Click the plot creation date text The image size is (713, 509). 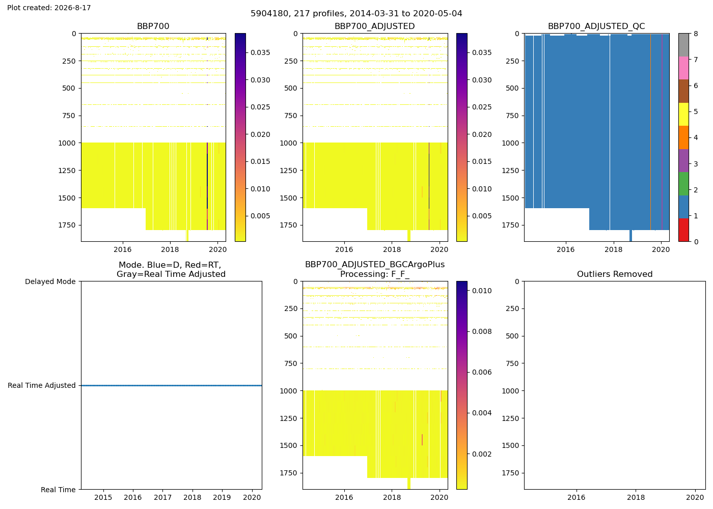[x=49, y=8]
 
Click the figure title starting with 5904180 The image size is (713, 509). [x=356, y=13]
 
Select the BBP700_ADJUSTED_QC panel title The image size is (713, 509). [x=596, y=26]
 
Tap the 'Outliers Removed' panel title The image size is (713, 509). [x=615, y=274]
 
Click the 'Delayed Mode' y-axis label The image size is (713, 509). [x=50, y=281]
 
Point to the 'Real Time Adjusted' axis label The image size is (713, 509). [x=42, y=386]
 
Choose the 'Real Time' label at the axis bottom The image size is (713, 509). [x=58, y=490]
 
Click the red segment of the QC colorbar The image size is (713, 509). [x=683, y=230]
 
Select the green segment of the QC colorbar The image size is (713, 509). [x=683, y=184]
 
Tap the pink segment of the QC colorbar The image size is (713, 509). [x=683, y=68]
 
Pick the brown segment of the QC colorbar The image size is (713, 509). [x=683, y=91]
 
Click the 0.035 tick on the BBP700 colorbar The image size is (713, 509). [x=260, y=52]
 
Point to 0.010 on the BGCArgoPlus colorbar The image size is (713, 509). [x=482, y=291]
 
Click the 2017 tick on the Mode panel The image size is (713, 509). [x=162, y=497]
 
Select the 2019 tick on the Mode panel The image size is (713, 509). [x=222, y=497]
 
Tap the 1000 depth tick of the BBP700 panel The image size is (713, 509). [x=67, y=143]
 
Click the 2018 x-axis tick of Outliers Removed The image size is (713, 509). [x=636, y=497]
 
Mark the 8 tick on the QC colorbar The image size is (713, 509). [x=696, y=34]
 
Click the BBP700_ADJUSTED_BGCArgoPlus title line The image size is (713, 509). [x=375, y=264]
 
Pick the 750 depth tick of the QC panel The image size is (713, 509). [x=512, y=116]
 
